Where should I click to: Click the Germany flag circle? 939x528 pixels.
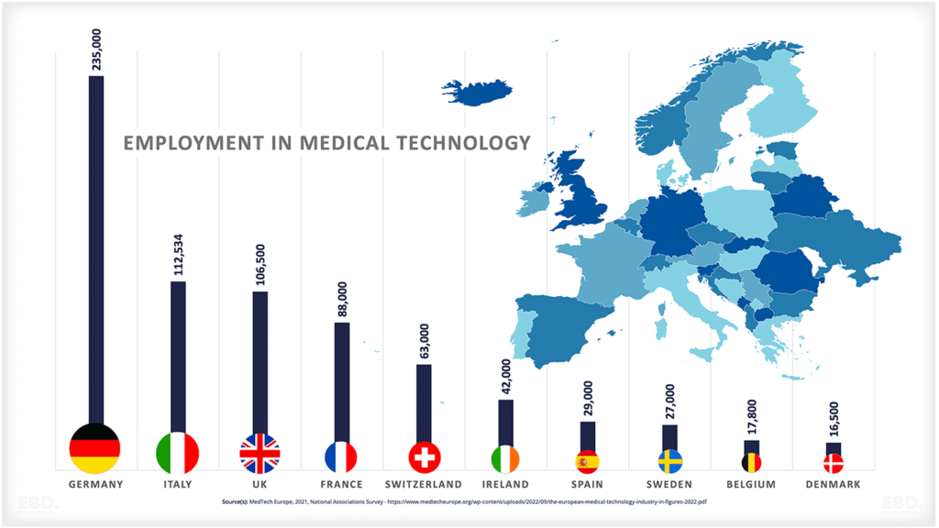95,448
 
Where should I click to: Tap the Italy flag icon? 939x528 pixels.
178,452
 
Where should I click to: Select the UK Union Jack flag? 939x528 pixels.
260,453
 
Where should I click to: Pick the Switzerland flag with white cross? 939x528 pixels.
424,456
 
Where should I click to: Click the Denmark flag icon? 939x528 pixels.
834,463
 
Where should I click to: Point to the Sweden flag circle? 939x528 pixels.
669,460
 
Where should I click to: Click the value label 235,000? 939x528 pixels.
96,49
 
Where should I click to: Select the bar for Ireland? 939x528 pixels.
505,422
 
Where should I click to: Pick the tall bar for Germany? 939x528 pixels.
95,247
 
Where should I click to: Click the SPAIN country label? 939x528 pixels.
587,484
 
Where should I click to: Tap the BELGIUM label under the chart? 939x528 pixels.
751,484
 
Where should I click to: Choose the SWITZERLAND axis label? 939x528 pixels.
424,484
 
